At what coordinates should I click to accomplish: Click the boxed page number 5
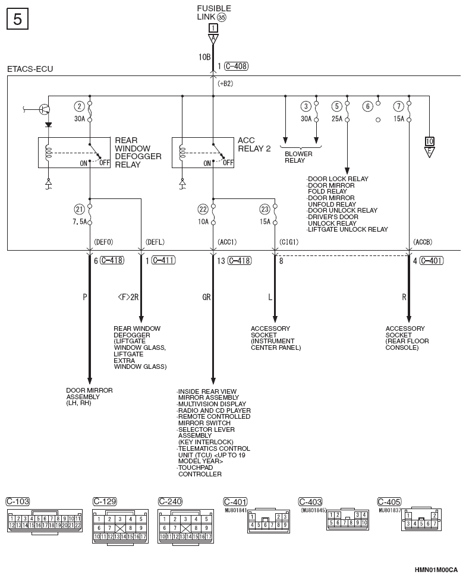coord(17,19)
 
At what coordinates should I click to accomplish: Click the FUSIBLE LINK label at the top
coord(213,12)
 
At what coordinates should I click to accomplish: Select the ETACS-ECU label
coord(30,69)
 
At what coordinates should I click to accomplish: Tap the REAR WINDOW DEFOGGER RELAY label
coord(138,152)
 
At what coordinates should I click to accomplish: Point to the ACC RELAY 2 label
coord(254,144)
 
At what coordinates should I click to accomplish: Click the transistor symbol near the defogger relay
coord(45,109)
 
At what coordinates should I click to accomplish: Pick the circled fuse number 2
coord(79,106)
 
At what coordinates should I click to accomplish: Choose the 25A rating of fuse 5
coord(337,119)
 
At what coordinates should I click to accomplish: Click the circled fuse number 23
coord(265,209)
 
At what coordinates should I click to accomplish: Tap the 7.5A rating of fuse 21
coord(80,222)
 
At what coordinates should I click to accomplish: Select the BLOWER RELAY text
coord(298,157)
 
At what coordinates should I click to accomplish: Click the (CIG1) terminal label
coord(288,242)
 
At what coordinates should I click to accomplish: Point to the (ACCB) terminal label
coord(423,242)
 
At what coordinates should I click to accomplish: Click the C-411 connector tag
coord(164,261)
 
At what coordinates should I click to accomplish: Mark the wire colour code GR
coord(206,297)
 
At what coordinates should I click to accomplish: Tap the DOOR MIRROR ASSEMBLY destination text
coord(89,397)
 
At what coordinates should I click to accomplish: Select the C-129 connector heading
coord(105,501)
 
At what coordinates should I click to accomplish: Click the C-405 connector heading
coord(389,502)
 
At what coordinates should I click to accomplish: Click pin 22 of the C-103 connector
coord(78,525)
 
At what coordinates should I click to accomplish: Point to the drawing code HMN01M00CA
coord(436,570)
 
